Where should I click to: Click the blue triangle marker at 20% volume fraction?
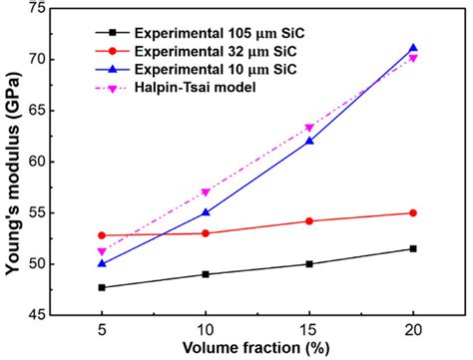413,48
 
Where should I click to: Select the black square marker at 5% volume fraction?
102,287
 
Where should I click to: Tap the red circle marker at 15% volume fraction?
309,221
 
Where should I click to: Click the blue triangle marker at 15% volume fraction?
309,141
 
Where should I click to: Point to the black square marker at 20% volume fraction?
413,248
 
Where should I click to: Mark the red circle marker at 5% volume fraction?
102,235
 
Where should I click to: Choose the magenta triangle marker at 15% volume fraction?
309,128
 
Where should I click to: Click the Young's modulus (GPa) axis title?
14,160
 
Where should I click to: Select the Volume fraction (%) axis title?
257,349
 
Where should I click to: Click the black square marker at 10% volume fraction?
206,274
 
